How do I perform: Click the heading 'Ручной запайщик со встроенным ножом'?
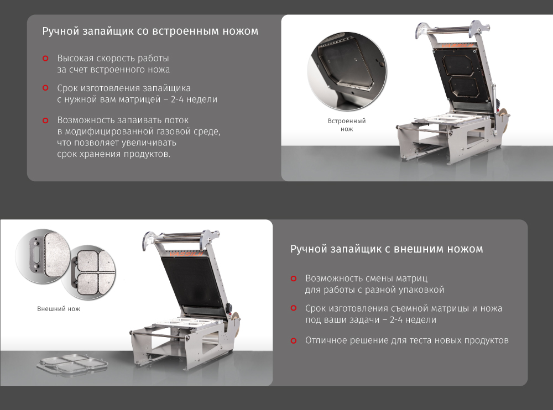(x=150, y=31)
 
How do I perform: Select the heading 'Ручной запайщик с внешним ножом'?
(x=386, y=249)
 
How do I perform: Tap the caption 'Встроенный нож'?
(x=347, y=125)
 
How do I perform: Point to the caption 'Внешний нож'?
(x=59, y=309)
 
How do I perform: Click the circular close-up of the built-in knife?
(x=347, y=71)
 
